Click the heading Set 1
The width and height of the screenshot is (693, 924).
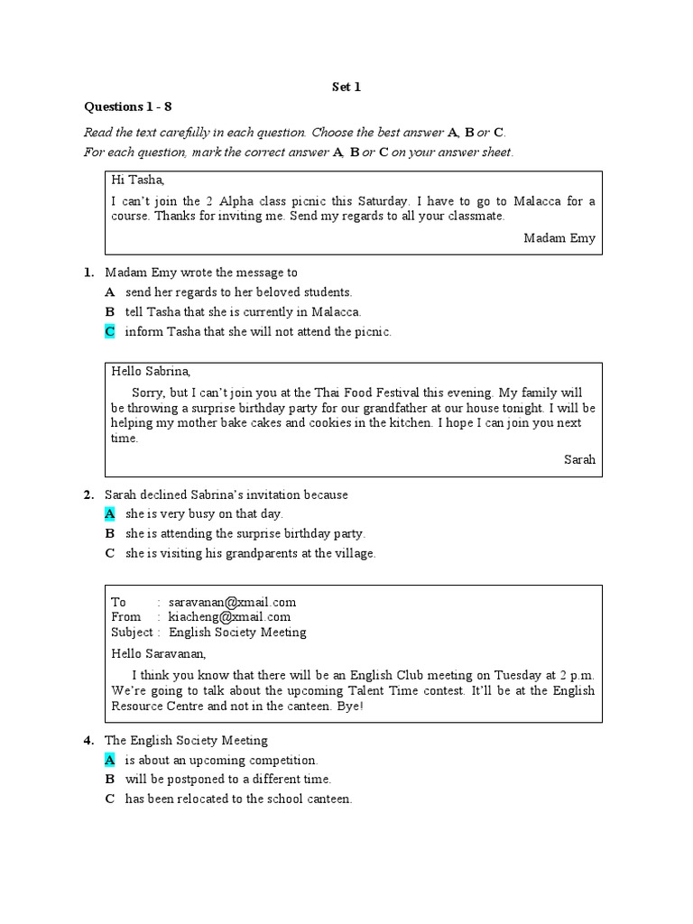(x=346, y=87)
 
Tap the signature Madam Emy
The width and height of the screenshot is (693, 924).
(x=559, y=238)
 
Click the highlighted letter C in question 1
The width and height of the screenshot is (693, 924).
(x=109, y=332)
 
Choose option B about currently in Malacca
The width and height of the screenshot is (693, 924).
(x=243, y=312)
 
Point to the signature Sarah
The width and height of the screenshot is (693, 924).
(x=579, y=459)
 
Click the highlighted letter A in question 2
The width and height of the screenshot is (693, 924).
(x=109, y=514)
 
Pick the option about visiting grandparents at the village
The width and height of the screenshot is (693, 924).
(x=250, y=554)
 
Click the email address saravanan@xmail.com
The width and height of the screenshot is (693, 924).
(x=232, y=602)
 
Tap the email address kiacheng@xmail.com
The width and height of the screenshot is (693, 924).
(x=229, y=617)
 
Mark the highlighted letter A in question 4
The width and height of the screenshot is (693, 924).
(x=109, y=761)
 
